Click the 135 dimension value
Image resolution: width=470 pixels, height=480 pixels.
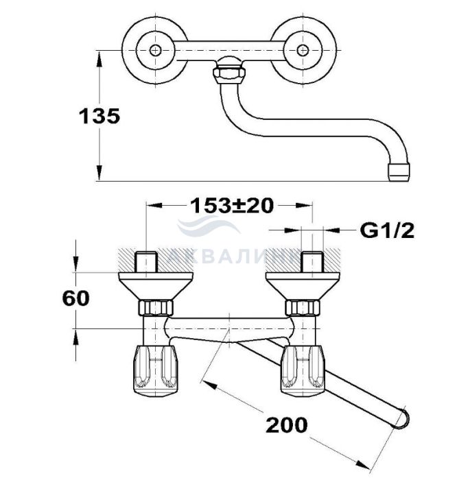[99, 116]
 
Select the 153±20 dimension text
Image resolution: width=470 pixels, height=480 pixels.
[232, 206]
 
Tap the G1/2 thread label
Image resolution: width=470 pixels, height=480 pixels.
[387, 230]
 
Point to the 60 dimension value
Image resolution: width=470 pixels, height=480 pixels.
[76, 298]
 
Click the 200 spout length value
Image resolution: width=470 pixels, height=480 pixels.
[287, 424]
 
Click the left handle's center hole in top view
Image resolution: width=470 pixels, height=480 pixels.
[155, 50]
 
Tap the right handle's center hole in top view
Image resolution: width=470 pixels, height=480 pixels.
[303, 50]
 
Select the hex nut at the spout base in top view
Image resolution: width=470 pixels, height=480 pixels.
[229, 75]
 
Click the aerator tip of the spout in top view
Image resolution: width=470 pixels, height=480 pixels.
[399, 172]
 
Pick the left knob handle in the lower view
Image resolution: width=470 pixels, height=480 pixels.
[155, 369]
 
